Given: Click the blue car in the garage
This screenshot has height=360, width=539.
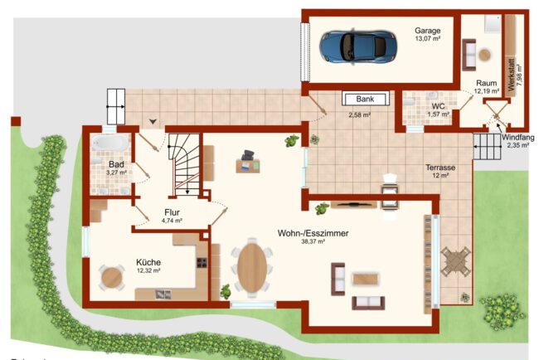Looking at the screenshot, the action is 358,47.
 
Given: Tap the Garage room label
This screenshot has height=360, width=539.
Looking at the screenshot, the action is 427,31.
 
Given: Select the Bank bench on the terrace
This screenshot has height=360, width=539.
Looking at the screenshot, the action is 366,99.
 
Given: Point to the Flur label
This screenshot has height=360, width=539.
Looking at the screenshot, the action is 172,212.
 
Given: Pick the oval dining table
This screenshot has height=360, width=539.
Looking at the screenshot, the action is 253,267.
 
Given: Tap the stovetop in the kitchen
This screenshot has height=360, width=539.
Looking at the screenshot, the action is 202,263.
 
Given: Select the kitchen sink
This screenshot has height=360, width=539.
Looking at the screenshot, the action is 163,294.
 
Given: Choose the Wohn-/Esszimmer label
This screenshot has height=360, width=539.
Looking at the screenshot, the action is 313,233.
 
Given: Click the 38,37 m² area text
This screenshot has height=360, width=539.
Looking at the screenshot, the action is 313,241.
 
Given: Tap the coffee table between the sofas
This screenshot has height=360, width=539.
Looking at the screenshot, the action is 366,279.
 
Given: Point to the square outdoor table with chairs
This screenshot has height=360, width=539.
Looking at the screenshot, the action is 455,261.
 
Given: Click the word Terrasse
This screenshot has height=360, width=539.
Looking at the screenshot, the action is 440,168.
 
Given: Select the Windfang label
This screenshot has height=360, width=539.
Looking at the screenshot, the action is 518,138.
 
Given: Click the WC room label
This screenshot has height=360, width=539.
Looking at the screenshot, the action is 439,106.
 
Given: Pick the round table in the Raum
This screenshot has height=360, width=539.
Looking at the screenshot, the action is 485,55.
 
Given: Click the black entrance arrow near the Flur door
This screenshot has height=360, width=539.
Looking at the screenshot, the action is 153,121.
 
